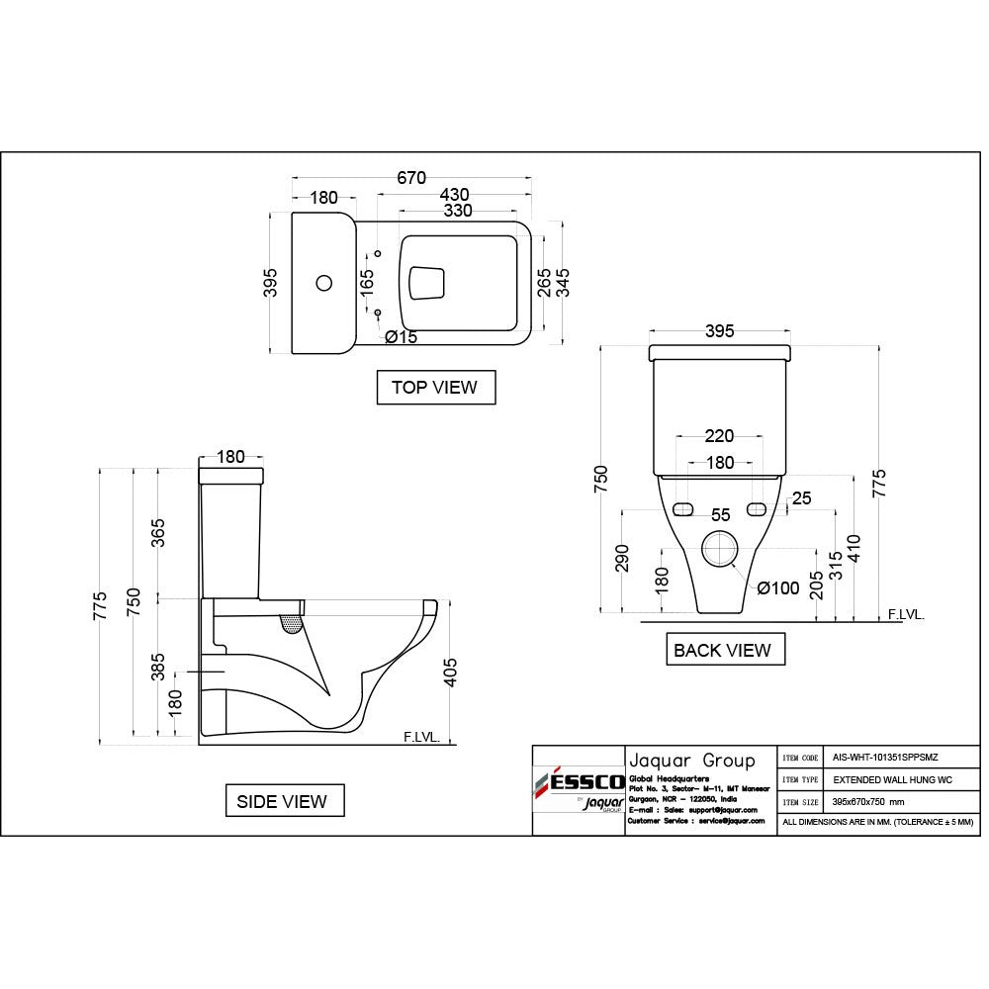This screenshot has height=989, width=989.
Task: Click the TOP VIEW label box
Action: pos(434,387)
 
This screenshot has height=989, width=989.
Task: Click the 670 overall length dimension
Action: pos(411,178)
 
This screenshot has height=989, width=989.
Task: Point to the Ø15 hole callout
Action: pos(402,337)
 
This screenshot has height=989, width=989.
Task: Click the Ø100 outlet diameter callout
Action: pos(778,587)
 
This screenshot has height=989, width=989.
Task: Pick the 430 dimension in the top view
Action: pos(448,195)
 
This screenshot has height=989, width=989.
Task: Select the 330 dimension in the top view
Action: pos(457,211)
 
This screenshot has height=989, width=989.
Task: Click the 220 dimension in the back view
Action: pos(720,436)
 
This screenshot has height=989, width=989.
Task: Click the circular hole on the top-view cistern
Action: pos(323,283)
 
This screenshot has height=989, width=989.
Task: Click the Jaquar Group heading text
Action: pos(691,761)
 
